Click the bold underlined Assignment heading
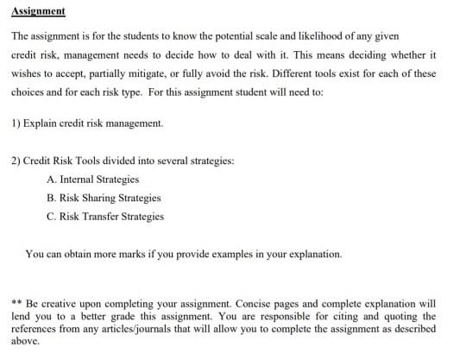[39, 11]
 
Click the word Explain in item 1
[41, 123]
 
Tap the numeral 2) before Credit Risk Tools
[17, 161]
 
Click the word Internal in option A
[79, 180]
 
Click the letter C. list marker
[52, 216]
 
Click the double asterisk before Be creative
[17, 304]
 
